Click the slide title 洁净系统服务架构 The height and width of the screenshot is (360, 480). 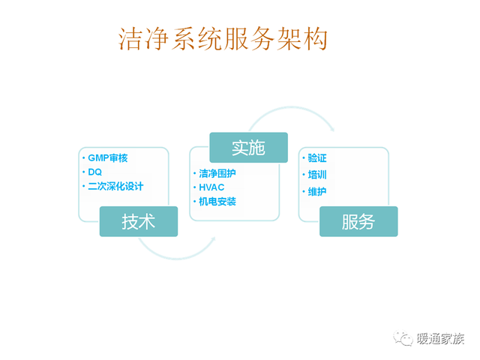pos(223,38)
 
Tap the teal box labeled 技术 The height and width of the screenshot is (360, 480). pos(139,221)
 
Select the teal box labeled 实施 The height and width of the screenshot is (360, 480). pos(248,148)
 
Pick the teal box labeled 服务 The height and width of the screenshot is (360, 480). pos(358,221)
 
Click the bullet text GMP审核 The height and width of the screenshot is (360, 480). pos(108,158)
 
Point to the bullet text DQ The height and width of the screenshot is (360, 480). pos(95,172)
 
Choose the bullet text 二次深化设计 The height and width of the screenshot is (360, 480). pos(115,186)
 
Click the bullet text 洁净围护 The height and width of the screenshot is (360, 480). pos(217,173)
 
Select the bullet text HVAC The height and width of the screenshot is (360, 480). pos(211,187)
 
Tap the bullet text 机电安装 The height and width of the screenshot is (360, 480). pos(217,202)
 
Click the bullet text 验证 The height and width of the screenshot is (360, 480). pos(317,158)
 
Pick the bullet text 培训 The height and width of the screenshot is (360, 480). pos(317,175)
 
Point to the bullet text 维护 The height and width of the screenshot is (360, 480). pos(317,192)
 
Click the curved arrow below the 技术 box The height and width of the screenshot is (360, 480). pos(177,257)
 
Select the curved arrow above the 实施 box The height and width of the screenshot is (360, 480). pos(291,107)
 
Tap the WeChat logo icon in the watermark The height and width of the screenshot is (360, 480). pos(403,338)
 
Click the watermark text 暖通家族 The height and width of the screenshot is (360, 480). pos(440,339)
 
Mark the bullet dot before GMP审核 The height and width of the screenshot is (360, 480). pos(83,158)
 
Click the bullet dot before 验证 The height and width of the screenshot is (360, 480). pos(303,158)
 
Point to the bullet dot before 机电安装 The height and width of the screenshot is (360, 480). pos(194,202)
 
